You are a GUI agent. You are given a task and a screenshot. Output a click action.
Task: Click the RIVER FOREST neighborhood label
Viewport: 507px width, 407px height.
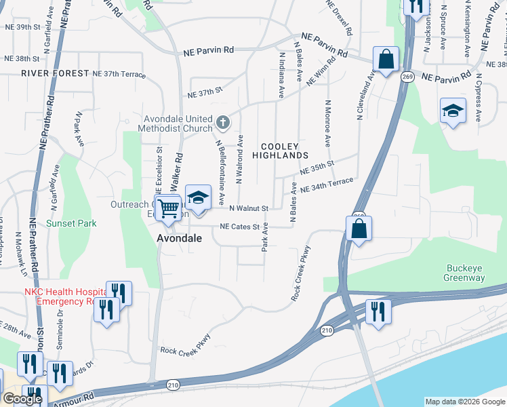click(x=55, y=73)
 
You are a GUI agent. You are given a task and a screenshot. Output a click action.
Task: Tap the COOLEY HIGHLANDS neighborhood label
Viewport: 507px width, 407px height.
click(x=280, y=151)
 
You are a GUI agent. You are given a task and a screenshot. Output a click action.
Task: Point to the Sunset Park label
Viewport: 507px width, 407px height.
click(x=71, y=223)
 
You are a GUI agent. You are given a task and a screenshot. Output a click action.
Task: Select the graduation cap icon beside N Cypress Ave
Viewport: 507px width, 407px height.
click(x=453, y=110)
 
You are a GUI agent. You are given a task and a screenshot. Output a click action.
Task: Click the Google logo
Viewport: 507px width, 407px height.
click(x=22, y=400)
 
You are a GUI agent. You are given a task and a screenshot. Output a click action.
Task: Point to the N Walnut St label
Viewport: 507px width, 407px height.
click(x=249, y=208)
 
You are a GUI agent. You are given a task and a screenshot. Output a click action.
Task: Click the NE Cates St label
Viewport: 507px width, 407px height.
click(x=239, y=227)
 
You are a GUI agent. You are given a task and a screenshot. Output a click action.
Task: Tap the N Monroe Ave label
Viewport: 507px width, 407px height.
click(x=327, y=123)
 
